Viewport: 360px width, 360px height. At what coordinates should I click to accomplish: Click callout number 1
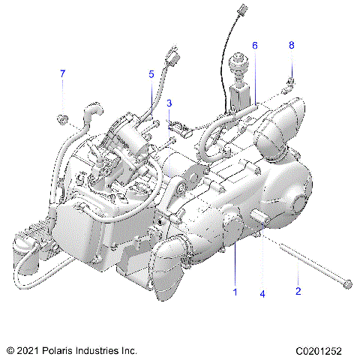pos(235,291)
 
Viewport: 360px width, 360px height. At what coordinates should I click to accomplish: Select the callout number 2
pos(298,291)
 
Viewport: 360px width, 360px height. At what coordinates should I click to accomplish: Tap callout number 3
pos(169,103)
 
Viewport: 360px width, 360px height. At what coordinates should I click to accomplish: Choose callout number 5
pos(151,73)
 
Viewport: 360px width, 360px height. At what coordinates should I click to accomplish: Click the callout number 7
pos(63,73)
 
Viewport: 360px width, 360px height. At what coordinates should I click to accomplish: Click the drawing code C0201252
pos(324,349)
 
